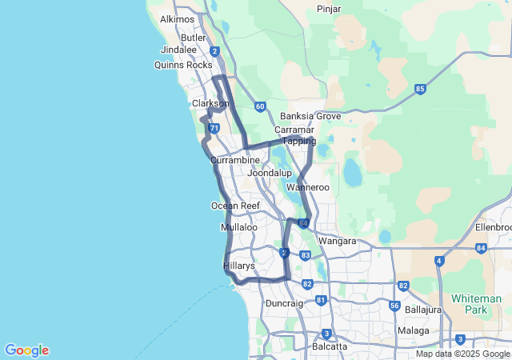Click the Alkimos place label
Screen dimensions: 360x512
[x=177, y=18]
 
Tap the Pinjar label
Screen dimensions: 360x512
[x=329, y=9]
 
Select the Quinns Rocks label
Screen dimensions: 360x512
[x=183, y=65]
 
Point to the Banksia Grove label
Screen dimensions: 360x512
[x=310, y=116]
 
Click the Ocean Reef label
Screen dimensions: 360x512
[x=235, y=206]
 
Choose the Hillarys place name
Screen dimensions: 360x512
[x=238, y=265]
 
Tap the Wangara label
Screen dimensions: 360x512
[x=337, y=240]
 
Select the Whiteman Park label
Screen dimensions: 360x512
[x=476, y=303]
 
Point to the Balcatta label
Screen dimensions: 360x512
[x=330, y=346]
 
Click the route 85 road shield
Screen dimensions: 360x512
[x=420, y=89]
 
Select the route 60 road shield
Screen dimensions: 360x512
[x=260, y=106]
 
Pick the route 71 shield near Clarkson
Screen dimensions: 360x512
[x=213, y=128]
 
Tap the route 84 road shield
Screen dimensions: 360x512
[x=480, y=249]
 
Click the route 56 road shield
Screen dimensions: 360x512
[x=394, y=306]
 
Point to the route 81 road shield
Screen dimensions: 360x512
[x=321, y=300]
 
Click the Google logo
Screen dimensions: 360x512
[x=26, y=350]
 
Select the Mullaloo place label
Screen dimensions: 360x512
[x=238, y=227]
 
